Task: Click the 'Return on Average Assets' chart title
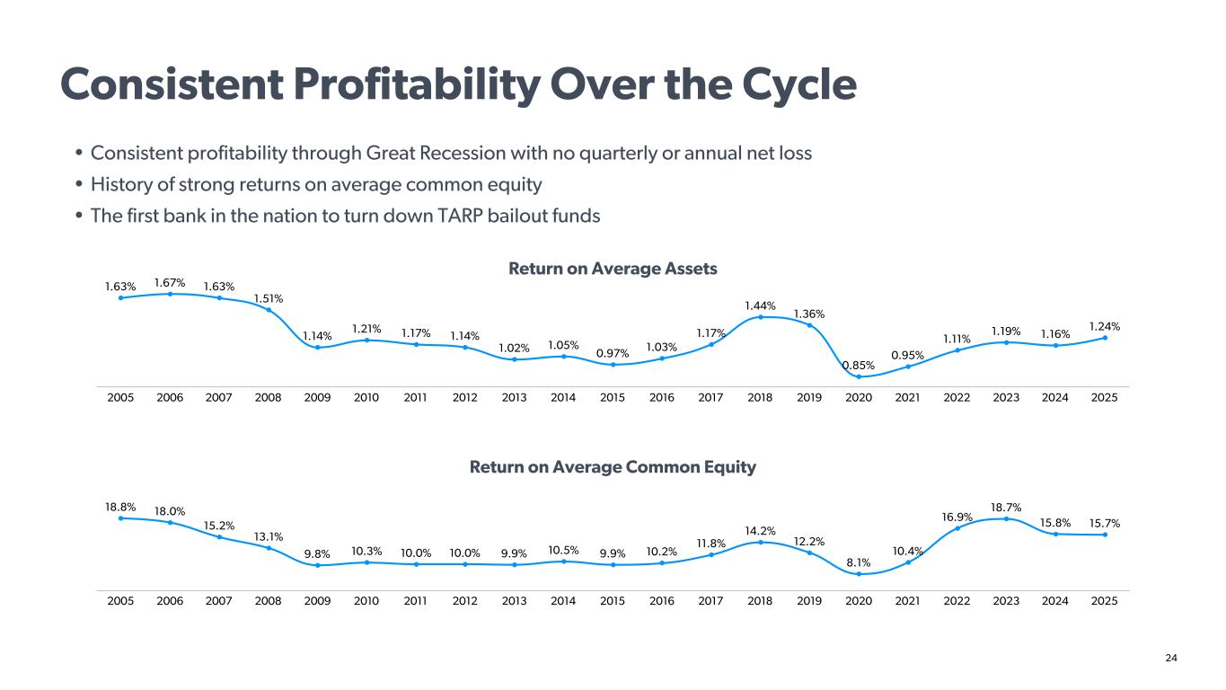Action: [613, 269]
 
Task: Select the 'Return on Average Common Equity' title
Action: [613, 467]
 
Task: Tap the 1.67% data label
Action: [170, 282]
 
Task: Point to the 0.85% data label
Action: [859, 365]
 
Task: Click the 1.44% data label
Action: [760, 305]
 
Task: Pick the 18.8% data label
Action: [120, 507]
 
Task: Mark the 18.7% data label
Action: [1006, 508]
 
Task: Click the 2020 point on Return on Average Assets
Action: [859, 376]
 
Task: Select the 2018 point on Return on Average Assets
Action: [760, 316]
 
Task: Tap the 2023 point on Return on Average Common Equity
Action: [1006, 518]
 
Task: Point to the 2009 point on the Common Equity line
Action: [317, 565]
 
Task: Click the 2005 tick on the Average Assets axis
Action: [120, 397]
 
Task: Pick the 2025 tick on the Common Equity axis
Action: [1105, 601]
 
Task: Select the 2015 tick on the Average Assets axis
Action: [613, 397]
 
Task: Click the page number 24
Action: [1170, 659]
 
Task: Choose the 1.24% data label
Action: [1105, 326]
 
